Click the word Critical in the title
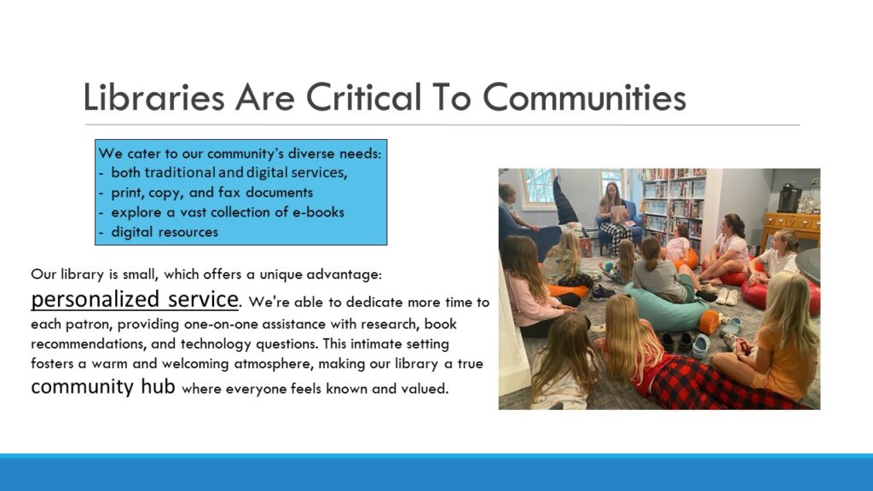(363, 97)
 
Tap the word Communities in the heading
(584, 97)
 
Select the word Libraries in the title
(153, 97)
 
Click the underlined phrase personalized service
(135, 299)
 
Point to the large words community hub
(103, 386)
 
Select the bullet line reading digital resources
(159, 232)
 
